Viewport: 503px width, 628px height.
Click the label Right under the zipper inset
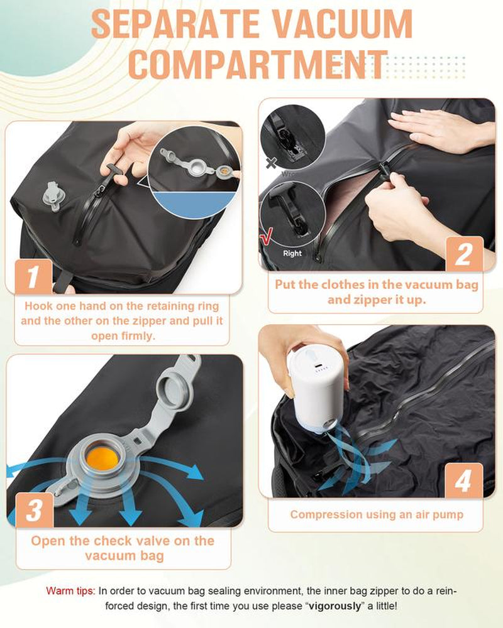pos(292,254)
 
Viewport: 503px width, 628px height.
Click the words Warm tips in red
pos(70,591)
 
